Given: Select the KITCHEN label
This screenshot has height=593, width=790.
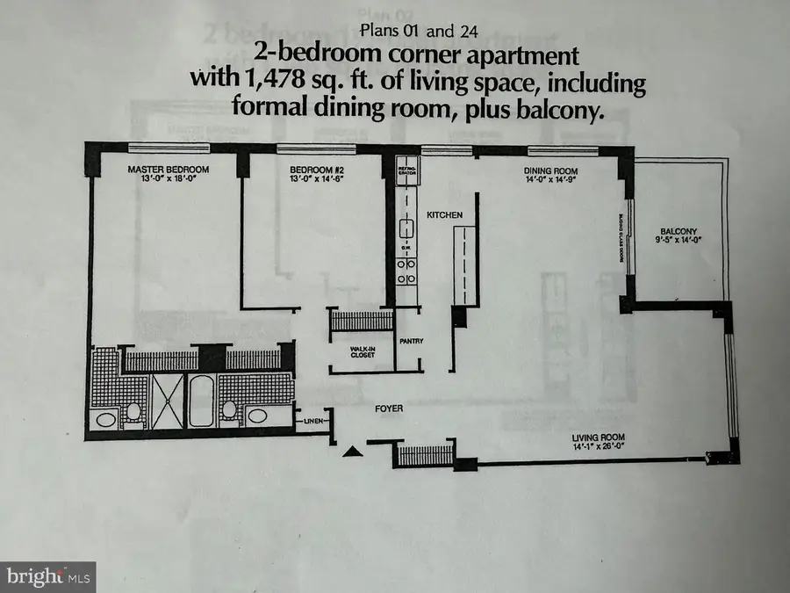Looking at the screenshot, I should pyautogui.click(x=444, y=215).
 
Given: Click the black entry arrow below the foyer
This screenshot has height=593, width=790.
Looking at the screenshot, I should pyautogui.click(x=351, y=452).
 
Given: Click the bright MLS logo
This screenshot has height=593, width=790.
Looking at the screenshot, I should pyautogui.click(x=47, y=576).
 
